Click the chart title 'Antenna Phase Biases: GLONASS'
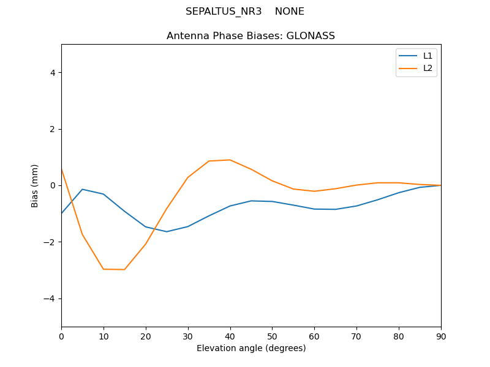[251, 36]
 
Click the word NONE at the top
[290, 12]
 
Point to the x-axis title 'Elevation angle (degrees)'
[251, 349]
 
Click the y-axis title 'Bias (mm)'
[35, 185]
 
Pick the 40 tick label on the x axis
[230, 336]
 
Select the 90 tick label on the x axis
[441, 336]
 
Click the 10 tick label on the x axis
[104, 336]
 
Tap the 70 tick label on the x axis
[356, 336]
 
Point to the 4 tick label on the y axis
[53, 73]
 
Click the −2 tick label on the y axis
[50, 242]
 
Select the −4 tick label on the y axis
[50, 298]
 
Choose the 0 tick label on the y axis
[53, 185]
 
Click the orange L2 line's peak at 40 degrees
[230, 160]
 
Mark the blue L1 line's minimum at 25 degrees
[167, 231]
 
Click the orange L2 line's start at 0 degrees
[62, 169]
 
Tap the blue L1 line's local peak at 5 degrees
[82, 189]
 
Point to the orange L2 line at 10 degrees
[104, 269]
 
